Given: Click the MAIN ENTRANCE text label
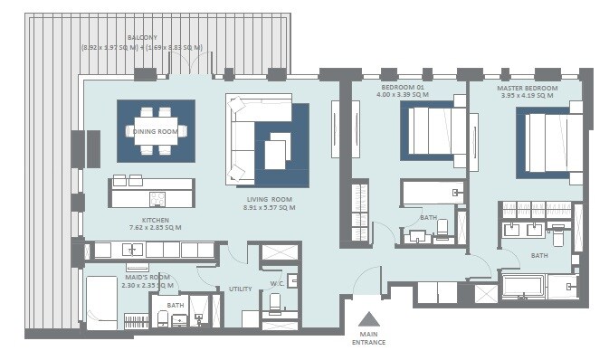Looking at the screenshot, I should tap(368, 337).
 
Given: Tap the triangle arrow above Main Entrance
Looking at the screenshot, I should tap(368, 318).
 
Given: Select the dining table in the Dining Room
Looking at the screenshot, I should tap(156, 131).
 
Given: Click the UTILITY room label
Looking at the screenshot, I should tap(240, 289).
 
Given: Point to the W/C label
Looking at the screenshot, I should tap(276, 283).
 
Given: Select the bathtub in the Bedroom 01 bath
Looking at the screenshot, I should tap(433, 193).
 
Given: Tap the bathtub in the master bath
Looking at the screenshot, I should tap(521, 289).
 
